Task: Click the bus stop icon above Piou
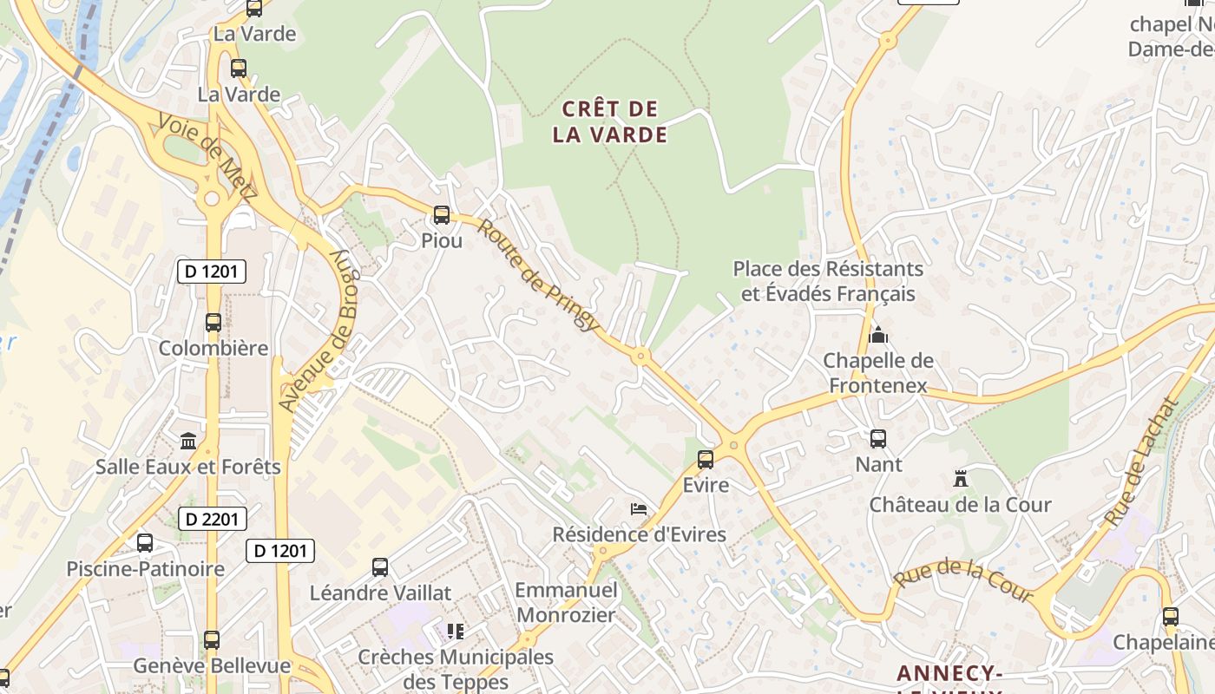[442, 214]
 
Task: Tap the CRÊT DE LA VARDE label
[611, 122]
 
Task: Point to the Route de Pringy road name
[538, 275]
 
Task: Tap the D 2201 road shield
[213, 519]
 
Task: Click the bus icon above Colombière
[213, 323]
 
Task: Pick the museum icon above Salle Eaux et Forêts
[188, 441]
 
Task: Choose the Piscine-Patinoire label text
[146, 569]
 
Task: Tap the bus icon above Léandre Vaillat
[380, 567]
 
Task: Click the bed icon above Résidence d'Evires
[639, 508]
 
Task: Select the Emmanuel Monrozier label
[566, 603]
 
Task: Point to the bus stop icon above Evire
[706, 459]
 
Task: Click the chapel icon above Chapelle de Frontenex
[878, 335]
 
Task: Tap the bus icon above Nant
[878, 439]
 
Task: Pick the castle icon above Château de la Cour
[960, 478]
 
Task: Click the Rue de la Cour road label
[962, 580]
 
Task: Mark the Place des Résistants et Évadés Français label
[828, 281]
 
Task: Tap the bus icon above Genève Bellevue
[212, 640]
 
